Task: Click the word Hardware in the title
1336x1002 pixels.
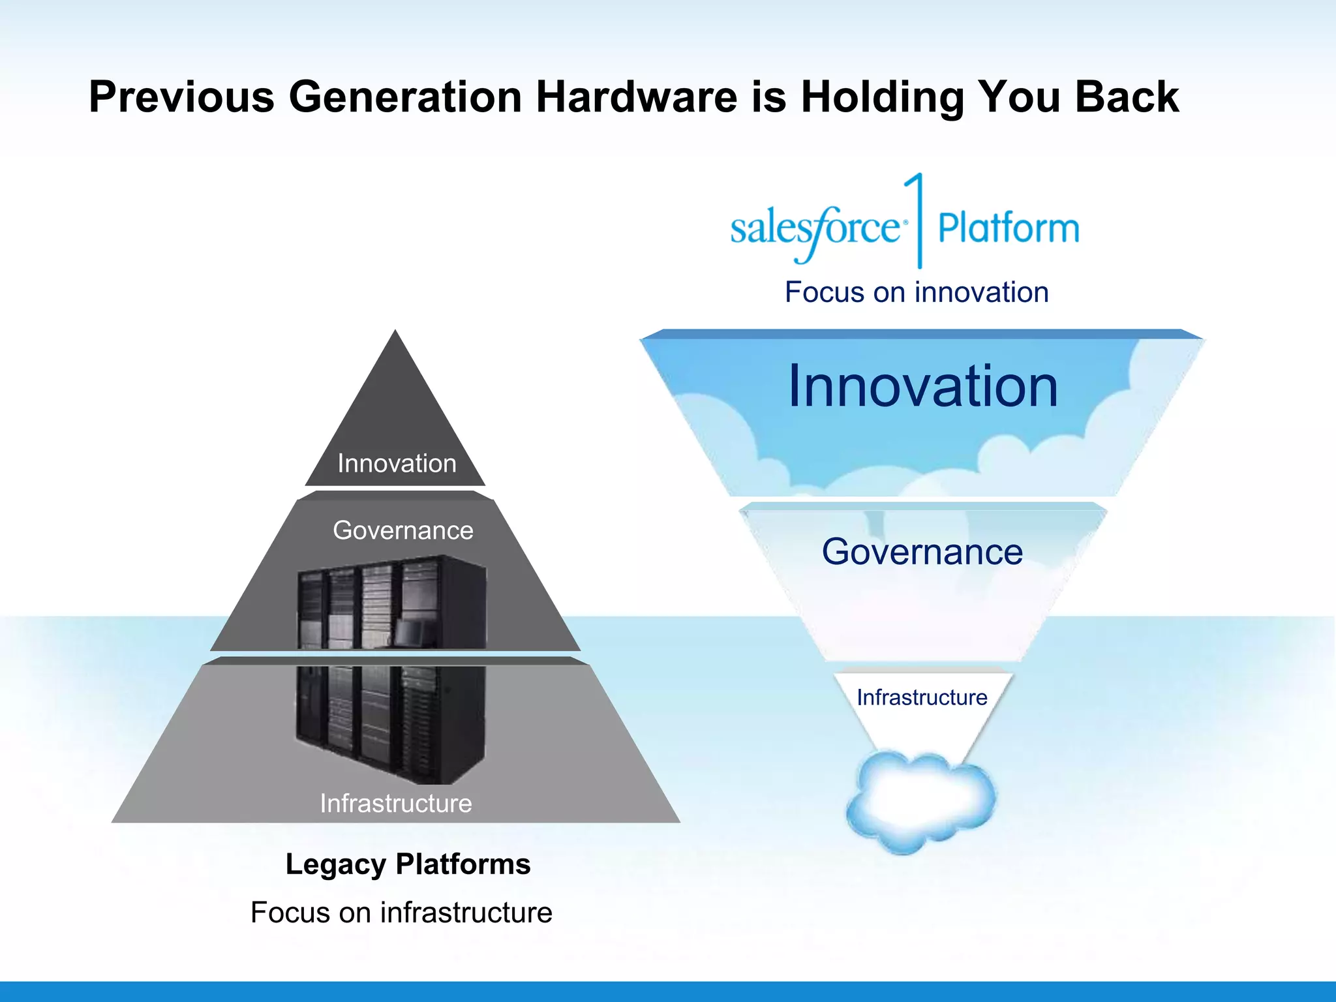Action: click(637, 97)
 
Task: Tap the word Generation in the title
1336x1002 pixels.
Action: click(405, 97)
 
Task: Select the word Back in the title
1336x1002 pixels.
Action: click(1127, 97)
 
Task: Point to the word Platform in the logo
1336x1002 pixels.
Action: click(1009, 228)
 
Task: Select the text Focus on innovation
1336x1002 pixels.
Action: click(917, 292)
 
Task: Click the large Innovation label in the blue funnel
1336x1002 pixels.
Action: click(922, 386)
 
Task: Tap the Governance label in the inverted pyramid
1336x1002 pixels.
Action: click(922, 552)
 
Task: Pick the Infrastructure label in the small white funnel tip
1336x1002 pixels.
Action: click(922, 697)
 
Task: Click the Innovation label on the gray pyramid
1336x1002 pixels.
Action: click(397, 463)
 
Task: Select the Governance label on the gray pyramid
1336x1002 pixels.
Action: click(403, 530)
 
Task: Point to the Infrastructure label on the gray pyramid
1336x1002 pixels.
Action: click(396, 803)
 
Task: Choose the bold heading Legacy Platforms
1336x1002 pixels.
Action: click(408, 864)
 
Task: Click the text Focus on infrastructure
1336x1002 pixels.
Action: click(401, 912)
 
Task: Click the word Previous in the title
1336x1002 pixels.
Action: click(181, 97)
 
